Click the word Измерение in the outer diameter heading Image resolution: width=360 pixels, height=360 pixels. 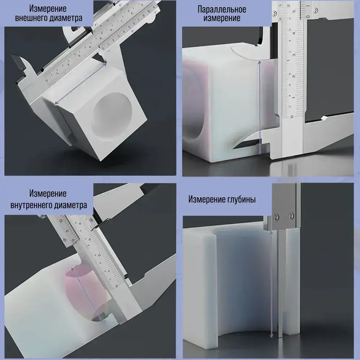tap(48, 9)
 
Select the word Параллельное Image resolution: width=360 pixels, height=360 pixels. tap(222, 10)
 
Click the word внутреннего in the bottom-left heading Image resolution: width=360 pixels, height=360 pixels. tap(32, 205)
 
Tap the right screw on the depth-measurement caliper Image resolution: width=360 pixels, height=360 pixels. tap(291, 216)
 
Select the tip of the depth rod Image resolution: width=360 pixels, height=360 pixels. tap(280, 337)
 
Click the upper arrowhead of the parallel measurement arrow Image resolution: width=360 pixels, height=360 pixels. tap(260, 62)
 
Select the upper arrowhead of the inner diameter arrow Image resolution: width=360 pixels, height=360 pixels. tap(72, 269)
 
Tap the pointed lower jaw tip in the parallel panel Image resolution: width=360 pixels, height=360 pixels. tap(235, 148)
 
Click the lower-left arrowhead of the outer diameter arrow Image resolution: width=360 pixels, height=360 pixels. tap(55, 104)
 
